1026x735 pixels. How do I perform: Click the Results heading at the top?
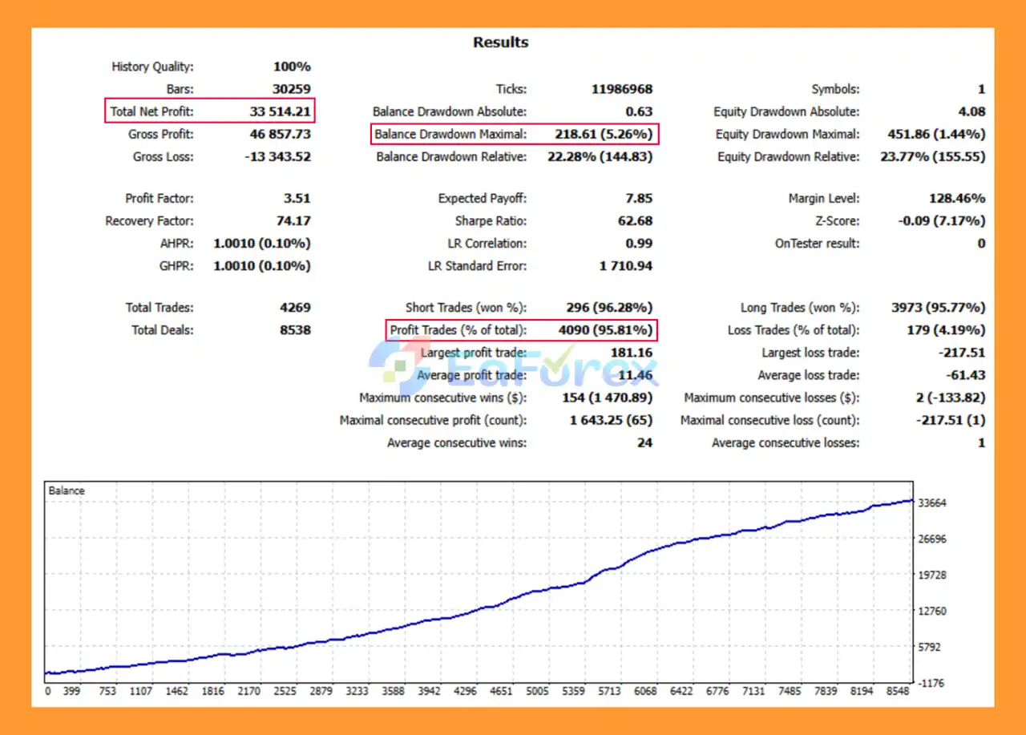pos(500,42)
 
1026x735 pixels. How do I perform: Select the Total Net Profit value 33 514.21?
pos(280,111)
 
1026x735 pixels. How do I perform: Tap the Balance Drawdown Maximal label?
pos(450,134)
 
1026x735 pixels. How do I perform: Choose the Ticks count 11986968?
pos(622,89)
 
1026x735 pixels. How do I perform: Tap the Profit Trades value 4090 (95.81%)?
pos(605,329)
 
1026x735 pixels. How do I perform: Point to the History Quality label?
pos(152,67)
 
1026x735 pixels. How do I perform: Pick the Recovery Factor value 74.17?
pos(292,220)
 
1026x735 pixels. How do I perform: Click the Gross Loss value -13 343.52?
pos(277,156)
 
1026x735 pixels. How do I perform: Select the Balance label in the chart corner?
pos(67,491)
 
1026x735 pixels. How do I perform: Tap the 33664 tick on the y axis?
pos(932,503)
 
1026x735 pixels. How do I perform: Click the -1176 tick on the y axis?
pos(932,682)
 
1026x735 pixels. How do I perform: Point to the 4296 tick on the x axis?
pos(465,691)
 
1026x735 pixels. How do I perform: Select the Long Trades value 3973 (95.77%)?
pos(938,307)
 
